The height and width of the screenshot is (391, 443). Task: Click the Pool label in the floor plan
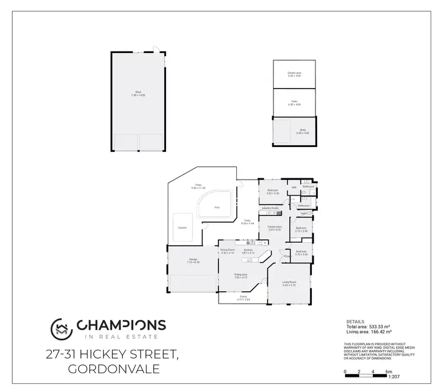click(217, 207)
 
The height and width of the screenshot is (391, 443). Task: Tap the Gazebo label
click(182, 227)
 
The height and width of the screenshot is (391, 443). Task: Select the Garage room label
click(193, 259)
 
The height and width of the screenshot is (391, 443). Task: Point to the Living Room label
click(288, 283)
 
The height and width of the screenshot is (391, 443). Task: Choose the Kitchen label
click(249, 250)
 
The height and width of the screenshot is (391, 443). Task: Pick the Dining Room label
click(228, 250)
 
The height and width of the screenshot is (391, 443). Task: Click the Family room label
click(274, 227)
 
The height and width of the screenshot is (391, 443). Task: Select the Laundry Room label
click(271, 208)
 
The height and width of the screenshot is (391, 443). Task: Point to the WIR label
click(294, 188)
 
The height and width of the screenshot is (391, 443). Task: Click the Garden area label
click(294, 73)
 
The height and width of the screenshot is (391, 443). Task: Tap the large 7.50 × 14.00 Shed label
click(138, 93)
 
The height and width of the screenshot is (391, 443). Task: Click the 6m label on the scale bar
click(388, 372)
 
